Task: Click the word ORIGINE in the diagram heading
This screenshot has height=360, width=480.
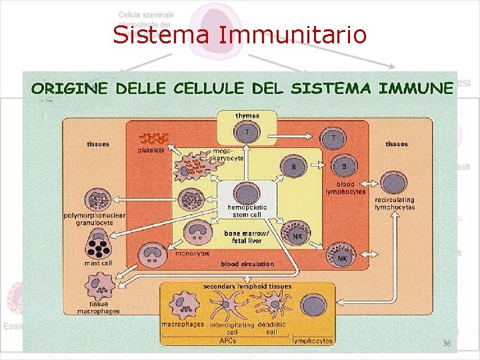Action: coord(70,88)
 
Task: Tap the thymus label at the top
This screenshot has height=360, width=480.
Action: coord(247,116)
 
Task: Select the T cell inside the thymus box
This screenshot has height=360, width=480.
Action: coord(247,133)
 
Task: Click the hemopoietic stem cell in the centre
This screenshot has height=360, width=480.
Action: coord(247,193)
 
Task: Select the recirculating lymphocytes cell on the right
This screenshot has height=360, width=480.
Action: coord(394,182)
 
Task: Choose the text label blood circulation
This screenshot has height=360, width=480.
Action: coord(247,265)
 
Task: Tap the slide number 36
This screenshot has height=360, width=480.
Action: coord(447,343)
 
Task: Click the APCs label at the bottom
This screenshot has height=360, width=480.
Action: coord(227,341)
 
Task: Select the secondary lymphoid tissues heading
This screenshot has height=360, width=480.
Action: coord(247,287)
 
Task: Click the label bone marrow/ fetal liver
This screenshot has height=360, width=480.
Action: coord(246,237)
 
